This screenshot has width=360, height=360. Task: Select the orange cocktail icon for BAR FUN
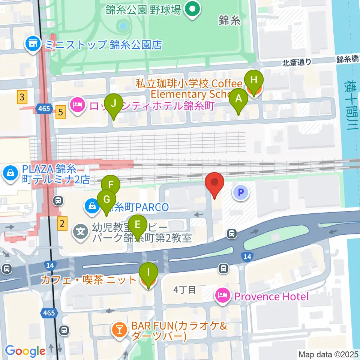tap(120, 330)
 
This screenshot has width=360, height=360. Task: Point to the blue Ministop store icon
tap(33, 45)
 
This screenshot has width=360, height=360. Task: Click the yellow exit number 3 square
tap(22, 98)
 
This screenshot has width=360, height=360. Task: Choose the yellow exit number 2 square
tap(62, 225)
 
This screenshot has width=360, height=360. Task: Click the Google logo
tap(25, 351)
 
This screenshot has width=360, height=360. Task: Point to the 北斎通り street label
tap(297, 63)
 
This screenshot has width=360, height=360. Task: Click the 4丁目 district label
tap(184, 290)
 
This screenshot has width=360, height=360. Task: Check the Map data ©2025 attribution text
tap(328, 354)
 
